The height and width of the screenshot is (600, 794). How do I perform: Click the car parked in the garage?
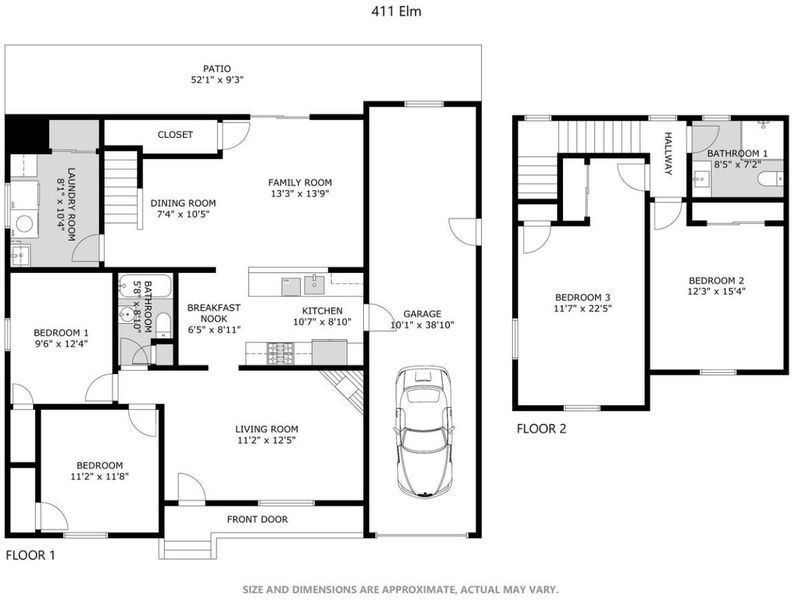[423, 431]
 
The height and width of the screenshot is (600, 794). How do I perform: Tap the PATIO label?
[217, 68]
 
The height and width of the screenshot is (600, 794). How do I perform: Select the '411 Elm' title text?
[396, 11]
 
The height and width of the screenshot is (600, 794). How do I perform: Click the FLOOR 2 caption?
[541, 429]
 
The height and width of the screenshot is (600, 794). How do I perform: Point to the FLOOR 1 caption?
[30, 555]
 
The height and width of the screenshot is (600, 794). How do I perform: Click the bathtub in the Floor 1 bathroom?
[145, 286]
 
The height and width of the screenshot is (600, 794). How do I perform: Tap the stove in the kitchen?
[280, 353]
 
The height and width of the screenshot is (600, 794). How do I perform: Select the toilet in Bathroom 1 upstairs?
[771, 178]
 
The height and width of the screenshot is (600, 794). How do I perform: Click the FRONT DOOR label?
[257, 519]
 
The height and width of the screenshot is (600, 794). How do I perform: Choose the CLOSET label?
[175, 135]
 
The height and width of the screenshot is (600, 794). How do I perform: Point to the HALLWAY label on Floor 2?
[668, 153]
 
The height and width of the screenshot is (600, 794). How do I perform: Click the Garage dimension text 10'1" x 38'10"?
[422, 325]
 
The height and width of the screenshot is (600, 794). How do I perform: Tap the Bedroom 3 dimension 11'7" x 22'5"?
[583, 308]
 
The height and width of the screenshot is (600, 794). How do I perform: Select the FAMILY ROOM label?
[300, 182]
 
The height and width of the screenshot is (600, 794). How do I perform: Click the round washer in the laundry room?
[24, 224]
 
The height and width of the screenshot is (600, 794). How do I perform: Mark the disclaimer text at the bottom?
[401, 589]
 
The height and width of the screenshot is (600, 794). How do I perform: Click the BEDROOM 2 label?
[717, 281]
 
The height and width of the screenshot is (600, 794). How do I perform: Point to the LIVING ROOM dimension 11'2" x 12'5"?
[266, 441]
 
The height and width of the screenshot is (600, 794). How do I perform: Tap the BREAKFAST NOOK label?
[214, 313]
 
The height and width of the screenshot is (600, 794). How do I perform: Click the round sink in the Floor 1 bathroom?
[127, 315]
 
